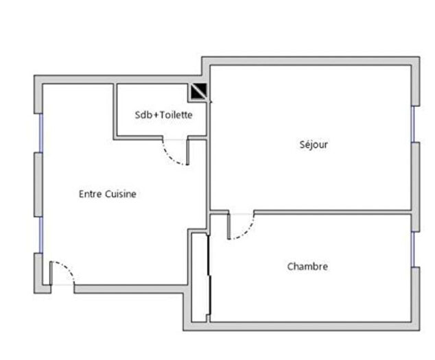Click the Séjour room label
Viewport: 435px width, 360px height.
point(314,145)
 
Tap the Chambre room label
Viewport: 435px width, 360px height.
point(307,266)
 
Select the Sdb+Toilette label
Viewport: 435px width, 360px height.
point(163,115)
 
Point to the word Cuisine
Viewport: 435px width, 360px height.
point(121,194)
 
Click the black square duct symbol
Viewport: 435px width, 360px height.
point(199,91)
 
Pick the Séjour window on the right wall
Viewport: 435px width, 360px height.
point(414,124)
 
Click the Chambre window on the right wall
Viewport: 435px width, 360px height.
point(414,248)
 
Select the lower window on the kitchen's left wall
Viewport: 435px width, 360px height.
point(40,235)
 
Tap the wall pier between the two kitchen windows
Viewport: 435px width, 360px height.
point(38,184)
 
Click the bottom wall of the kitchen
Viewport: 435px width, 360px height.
point(130,289)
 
